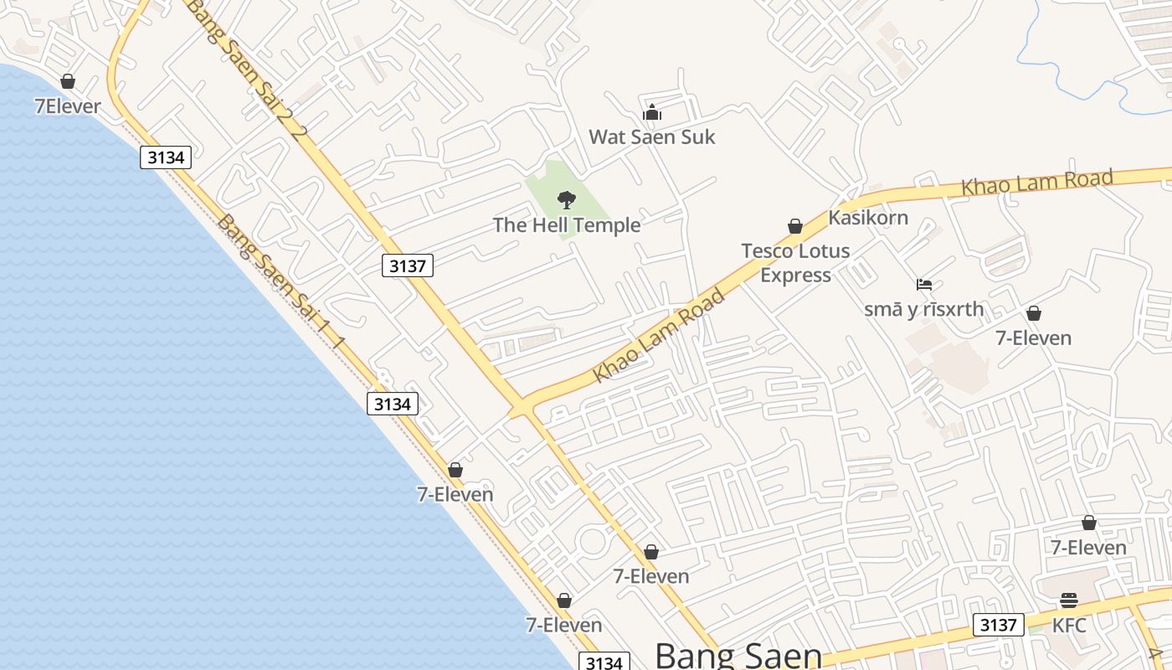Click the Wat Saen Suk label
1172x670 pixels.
point(652,137)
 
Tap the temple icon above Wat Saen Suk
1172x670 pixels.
point(652,112)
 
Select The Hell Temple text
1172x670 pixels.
point(567,224)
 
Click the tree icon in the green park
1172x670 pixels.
point(567,199)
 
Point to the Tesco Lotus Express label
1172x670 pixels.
point(795,262)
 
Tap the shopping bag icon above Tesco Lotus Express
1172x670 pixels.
point(795,226)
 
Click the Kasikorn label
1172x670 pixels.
point(868,218)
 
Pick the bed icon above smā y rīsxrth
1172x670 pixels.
point(924,285)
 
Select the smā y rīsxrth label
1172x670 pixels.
point(924,309)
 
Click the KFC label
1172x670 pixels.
point(1069,625)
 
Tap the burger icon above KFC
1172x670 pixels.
point(1069,600)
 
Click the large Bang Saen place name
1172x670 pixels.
point(738,655)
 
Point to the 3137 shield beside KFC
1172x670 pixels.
point(998,625)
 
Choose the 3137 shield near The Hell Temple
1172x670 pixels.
point(408,266)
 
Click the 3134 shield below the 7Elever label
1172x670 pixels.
point(166,157)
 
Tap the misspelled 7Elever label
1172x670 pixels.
point(68,106)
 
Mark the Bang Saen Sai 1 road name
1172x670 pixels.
point(280,282)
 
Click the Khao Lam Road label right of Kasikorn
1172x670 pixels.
point(1036,183)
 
